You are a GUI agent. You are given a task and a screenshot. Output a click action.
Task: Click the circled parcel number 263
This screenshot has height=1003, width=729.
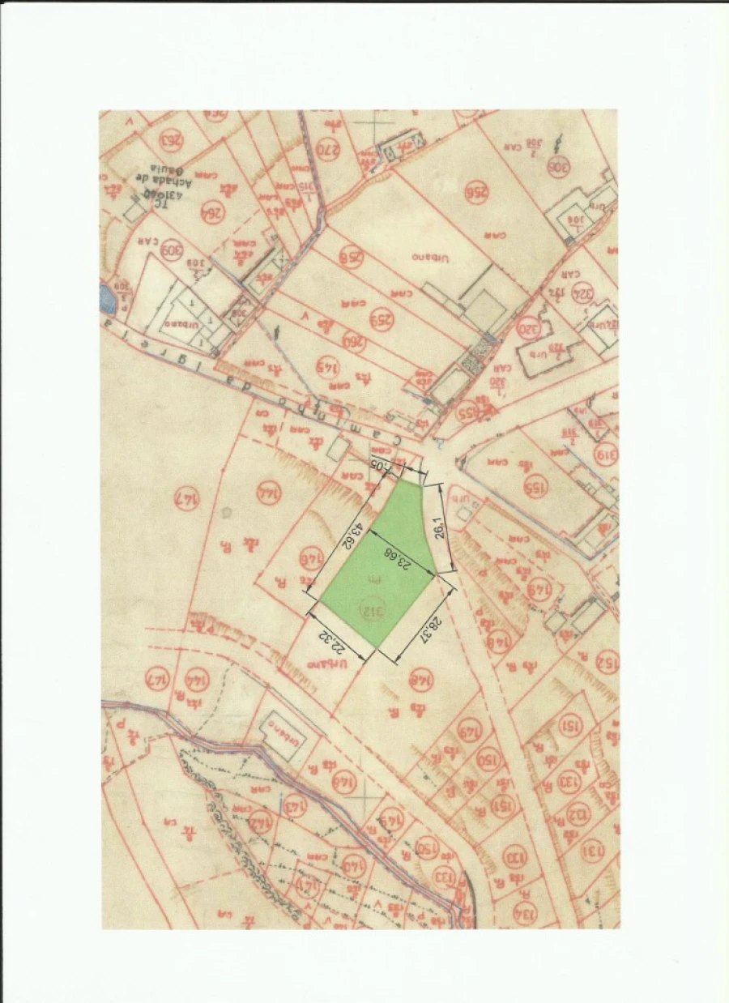coord(172,140)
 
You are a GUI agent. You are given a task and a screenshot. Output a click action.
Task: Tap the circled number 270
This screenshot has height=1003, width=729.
coord(326,151)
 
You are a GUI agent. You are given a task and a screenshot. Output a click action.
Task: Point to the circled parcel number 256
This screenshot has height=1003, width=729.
coord(477,191)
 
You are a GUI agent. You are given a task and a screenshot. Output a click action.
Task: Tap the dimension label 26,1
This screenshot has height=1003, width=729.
coord(439,528)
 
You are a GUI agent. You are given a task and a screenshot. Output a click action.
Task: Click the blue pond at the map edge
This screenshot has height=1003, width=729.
coord(107,298)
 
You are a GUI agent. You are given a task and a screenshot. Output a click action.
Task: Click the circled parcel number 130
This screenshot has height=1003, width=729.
coord(514,855)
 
